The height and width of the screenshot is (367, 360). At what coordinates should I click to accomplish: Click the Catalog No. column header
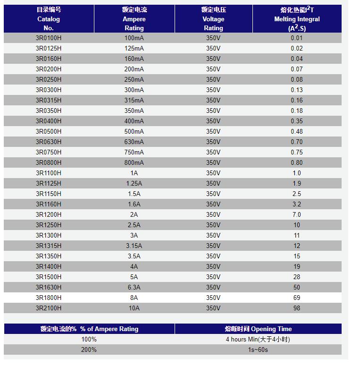tap(49, 19)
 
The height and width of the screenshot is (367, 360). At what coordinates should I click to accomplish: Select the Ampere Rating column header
tap(134, 19)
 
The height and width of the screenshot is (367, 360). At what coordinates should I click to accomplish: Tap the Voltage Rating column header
tap(213, 19)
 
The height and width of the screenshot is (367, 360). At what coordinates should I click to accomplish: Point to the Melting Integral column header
tap(297, 19)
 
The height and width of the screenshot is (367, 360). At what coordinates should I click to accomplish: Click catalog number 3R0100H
tap(49, 38)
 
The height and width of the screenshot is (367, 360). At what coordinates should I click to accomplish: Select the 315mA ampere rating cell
tap(134, 100)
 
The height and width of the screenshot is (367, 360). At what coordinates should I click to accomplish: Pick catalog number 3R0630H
tap(49, 142)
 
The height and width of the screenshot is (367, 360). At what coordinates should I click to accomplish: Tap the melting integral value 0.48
tap(297, 131)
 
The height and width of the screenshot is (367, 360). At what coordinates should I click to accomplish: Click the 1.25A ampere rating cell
tap(134, 183)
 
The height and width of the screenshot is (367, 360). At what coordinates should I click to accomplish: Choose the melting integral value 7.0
tap(297, 214)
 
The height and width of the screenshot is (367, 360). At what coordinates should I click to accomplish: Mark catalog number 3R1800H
tap(49, 298)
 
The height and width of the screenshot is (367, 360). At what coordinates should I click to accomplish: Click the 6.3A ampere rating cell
tap(134, 287)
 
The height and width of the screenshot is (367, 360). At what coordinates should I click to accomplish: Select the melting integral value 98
tap(297, 308)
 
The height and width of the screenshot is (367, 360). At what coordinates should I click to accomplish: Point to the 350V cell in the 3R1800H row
tap(213, 298)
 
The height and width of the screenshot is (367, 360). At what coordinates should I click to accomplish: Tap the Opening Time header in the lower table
tap(258, 329)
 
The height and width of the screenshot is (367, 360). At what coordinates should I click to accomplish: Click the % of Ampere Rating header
tap(89, 329)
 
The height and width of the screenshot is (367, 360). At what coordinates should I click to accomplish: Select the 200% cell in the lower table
tap(89, 350)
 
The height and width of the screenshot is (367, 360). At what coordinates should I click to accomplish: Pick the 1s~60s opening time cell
tap(258, 350)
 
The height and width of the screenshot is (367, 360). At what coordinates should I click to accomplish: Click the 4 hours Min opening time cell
tap(258, 339)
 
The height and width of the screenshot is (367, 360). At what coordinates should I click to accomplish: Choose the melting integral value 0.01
tap(297, 38)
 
